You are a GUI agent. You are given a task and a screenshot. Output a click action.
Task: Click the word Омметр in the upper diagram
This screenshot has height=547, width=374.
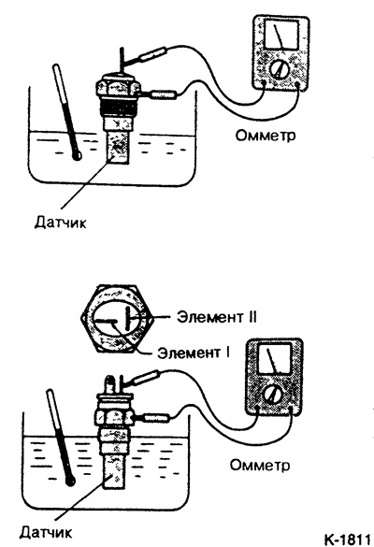coord(266,135)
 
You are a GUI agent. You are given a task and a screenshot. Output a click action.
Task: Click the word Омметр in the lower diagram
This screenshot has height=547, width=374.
coord(260,465)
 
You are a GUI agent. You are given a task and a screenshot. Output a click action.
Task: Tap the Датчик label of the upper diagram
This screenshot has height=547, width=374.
coord(60,222)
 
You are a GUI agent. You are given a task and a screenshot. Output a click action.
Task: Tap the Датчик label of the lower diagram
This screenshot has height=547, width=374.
coord(46,532)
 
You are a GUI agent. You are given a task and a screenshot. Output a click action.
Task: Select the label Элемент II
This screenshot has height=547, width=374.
coord(217,317)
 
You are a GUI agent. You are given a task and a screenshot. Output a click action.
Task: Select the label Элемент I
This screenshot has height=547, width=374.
coord(194,353)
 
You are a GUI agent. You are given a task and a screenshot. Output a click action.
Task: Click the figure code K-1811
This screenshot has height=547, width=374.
coord(347,539)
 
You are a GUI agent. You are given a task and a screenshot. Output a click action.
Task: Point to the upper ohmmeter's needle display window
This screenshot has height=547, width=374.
coord(281,35)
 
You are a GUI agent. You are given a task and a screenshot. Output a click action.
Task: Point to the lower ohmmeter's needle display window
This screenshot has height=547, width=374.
coord(274,360)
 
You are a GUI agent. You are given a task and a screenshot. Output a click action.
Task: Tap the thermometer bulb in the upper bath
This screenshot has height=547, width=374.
coord(77,155)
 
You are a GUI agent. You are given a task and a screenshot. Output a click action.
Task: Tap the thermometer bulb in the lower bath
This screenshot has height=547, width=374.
coord(70,482)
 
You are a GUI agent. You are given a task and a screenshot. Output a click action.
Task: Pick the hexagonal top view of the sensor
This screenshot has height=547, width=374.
coord(117,319)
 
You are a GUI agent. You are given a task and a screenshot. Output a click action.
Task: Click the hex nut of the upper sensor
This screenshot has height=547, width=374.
coord(117,87)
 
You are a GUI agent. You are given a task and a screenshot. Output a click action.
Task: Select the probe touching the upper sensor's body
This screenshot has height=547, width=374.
coord(164,94)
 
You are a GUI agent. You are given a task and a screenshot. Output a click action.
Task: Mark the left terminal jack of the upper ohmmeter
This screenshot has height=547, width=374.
coord(264,83)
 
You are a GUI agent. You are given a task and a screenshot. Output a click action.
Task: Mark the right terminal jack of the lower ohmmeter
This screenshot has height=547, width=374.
coord(292,409)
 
